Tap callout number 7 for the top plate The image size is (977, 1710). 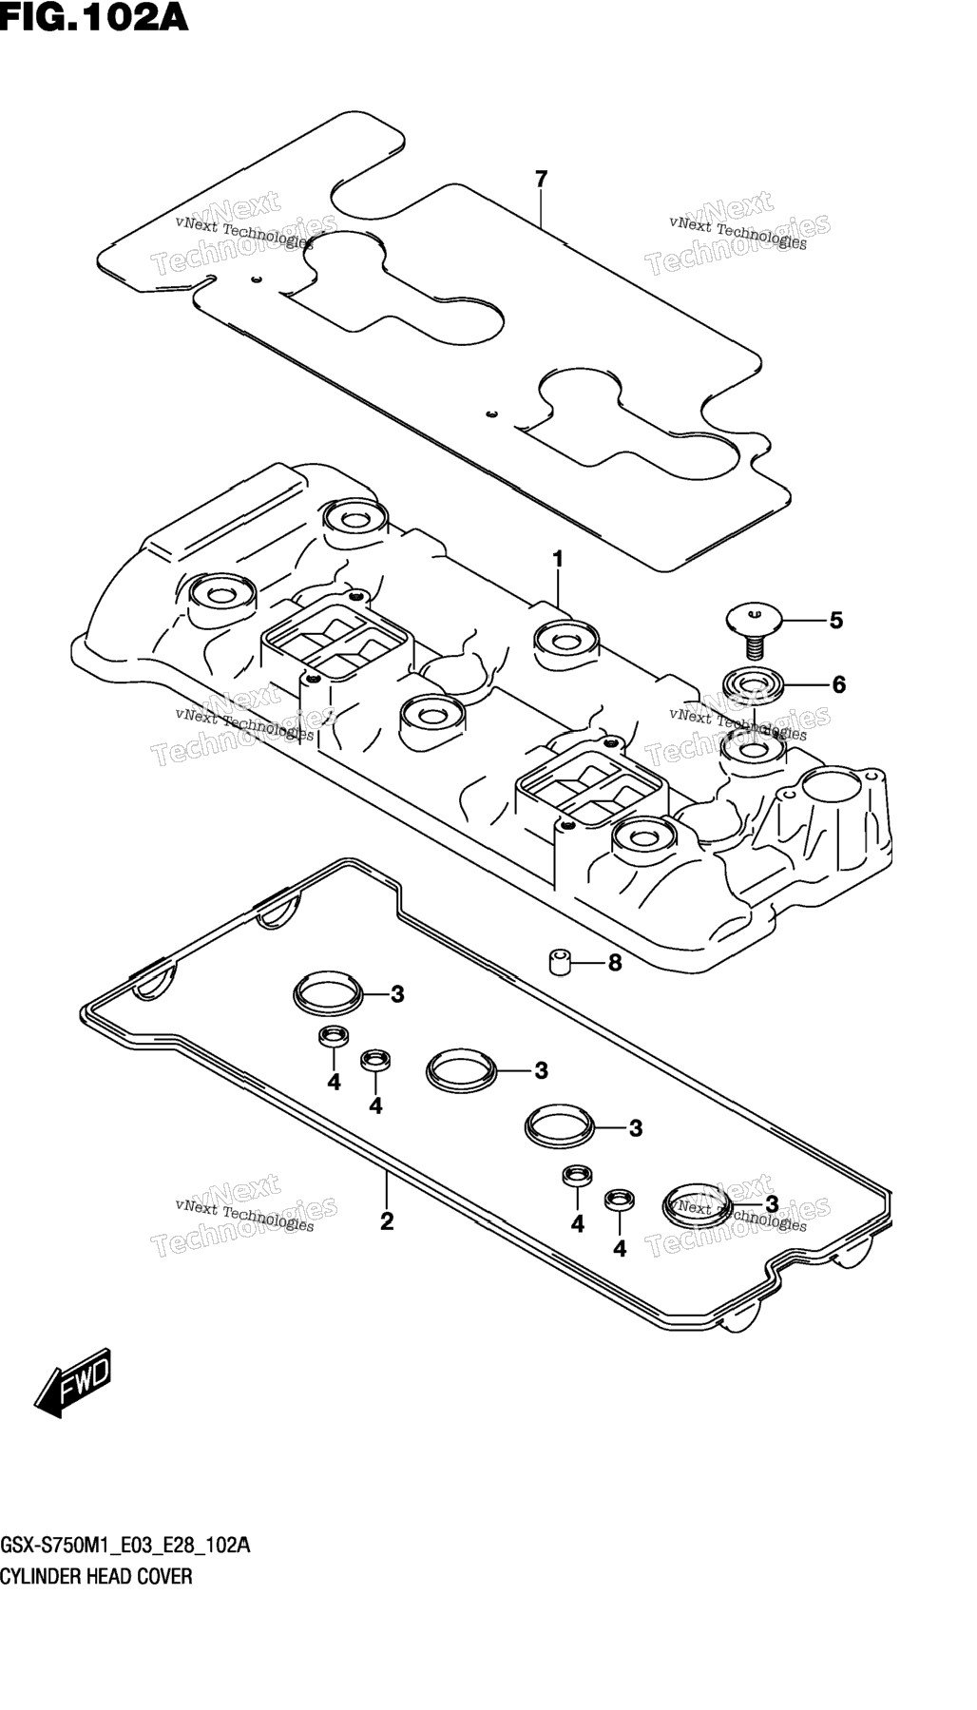coord(541,179)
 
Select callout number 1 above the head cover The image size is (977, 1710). coord(558,559)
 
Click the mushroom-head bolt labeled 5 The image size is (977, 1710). coord(753,628)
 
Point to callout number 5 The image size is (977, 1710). coord(835,621)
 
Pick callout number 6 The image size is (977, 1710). coord(838,684)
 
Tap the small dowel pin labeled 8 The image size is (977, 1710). coord(560,961)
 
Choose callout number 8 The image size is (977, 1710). coord(615,963)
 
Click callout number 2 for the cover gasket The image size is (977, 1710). coord(387,1221)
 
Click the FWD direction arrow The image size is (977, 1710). coord(73,1381)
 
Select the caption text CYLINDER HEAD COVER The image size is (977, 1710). coord(96,1576)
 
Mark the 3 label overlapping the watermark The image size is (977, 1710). coord(772,1205)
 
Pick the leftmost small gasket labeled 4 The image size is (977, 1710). coord(333,1037)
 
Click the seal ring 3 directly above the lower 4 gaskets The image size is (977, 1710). coord(561,1124)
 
